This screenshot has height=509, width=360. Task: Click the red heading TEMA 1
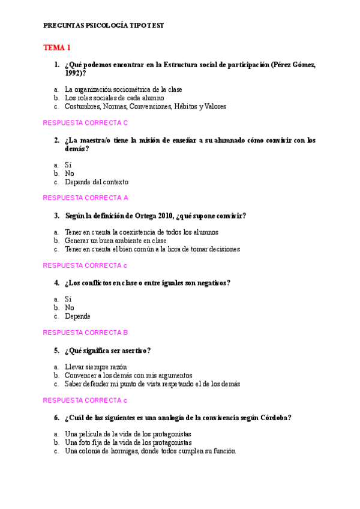pyautogui.click(x=57, y=47)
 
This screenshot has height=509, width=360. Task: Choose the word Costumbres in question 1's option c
pyautogui.click(x=83, y=106)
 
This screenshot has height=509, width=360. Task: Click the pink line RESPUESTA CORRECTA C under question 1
pyautogui.click(x=86, y=123)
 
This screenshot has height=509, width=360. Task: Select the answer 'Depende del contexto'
pyautogui.click(x=96, y=182)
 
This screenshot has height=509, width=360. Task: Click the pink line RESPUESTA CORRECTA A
pyautogui.click(x=86, y=197)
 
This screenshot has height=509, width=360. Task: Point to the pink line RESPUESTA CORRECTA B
pyautogui.click(x=86, y=332)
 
